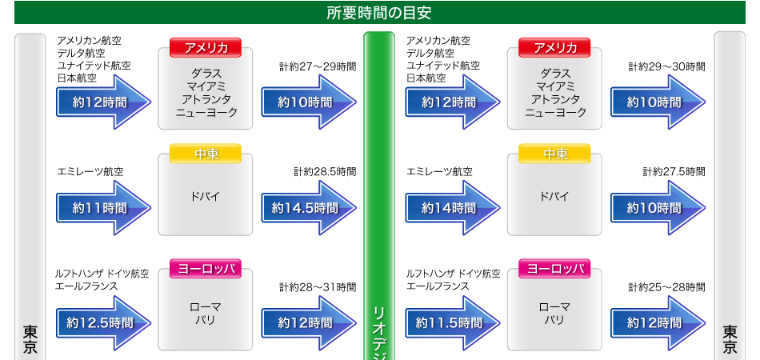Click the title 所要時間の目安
coord(379,13)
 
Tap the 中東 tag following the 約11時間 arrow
coord(206,154)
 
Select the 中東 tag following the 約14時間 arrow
coord(554,154)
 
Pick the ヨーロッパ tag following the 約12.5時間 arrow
coord(206,270)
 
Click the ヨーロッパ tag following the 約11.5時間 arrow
coord(554,270)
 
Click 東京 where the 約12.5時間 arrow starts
coord(30,338)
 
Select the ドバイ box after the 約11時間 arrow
coord(206,197)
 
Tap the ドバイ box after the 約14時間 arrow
coord(554,197)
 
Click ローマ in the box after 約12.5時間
coord(206,307)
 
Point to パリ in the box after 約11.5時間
coord(554,321)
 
